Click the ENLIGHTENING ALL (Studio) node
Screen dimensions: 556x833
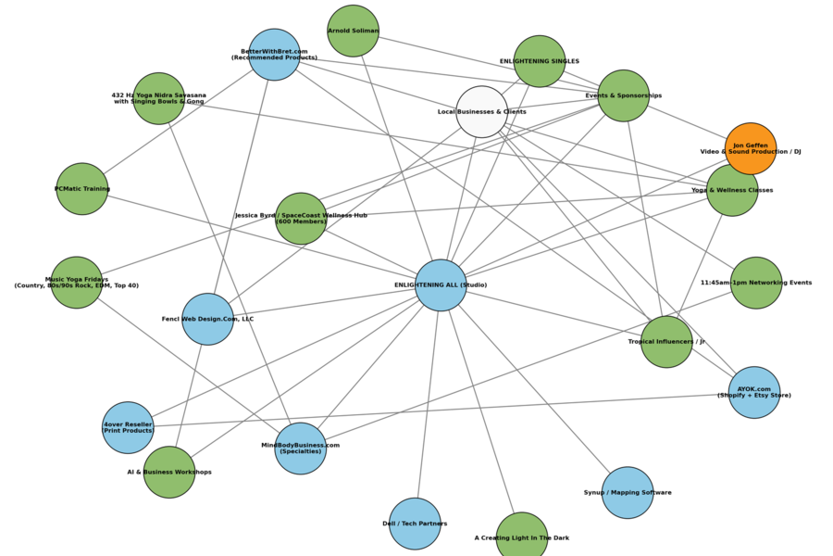[x=441, y=284]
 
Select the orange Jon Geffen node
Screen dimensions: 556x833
[x=751, y=148]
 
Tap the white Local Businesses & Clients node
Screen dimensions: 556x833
[x=482, y=112]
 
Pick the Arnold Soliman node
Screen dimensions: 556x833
[x=353, y=31]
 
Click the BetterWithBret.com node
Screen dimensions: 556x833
[x=274, y=55]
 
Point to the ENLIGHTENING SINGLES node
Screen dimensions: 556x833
[x=540, y=61]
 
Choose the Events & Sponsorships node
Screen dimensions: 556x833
[x=624, y=95]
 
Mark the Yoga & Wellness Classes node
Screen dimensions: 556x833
[x=732, y=190]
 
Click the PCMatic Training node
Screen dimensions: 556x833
[x=82, y=189]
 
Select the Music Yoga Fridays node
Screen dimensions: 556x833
[x=77, y=283]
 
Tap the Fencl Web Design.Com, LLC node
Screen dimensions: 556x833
[x=208, y=319]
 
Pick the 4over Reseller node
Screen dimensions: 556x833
[x=128, y=427]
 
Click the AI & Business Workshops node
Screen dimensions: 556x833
[x=169, y=472]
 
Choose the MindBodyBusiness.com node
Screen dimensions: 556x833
[x=301, y=449]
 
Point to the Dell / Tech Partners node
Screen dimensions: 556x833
[x=415, y=524]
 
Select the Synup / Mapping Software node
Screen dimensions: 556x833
[x=628, y=492]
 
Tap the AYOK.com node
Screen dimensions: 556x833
[x=754, y=393]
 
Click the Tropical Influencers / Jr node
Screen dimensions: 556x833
[x=666, y=341]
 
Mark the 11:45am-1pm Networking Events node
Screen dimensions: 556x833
[x=756, y=283]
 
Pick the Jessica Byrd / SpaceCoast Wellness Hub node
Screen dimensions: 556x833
[x=301, y=219]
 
